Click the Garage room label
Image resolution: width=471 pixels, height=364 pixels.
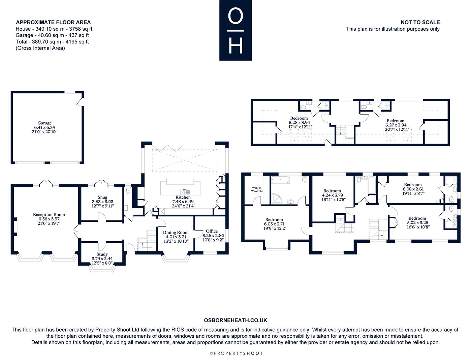44,123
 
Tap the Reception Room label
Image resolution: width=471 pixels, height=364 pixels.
49,214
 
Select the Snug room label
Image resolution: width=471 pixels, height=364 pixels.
102,197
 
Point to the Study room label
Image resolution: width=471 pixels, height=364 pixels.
102,254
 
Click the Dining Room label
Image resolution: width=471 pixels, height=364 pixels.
176,233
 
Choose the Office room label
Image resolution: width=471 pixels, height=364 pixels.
212,231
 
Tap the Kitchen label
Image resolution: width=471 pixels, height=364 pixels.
183,197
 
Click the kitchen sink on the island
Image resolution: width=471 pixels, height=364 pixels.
185,192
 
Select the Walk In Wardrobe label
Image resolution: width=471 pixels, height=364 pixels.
257,189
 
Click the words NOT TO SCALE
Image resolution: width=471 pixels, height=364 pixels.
420,22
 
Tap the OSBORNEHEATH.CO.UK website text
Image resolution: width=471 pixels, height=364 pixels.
235,320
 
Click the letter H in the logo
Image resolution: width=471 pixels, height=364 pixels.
235,46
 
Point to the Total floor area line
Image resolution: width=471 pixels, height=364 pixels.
52,42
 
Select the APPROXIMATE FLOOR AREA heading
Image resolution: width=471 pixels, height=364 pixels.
53,22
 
